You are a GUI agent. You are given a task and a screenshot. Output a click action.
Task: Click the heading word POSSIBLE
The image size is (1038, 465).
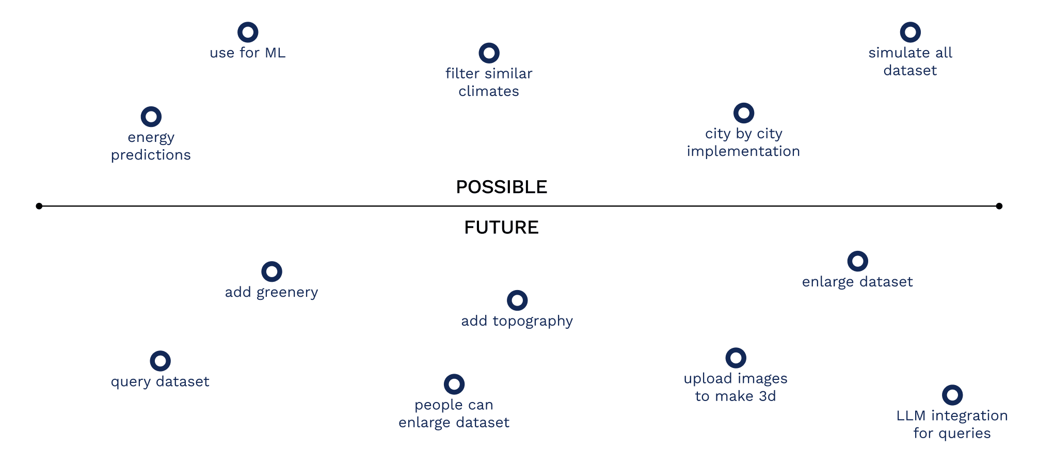coord(502,187)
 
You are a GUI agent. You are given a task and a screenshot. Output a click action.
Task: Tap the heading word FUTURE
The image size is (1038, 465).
coord(502,228)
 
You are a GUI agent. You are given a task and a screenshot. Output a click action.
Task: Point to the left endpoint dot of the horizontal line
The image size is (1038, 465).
coord(39,206)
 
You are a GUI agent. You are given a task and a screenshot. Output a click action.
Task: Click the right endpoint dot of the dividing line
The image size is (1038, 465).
coord(999,206)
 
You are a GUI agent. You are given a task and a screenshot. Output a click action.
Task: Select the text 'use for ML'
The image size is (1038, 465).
coord(248,53)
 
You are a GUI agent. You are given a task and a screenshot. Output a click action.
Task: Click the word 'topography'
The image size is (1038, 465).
coord(533,321)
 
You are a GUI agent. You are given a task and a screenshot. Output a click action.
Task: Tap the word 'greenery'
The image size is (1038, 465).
coord(287,293)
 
